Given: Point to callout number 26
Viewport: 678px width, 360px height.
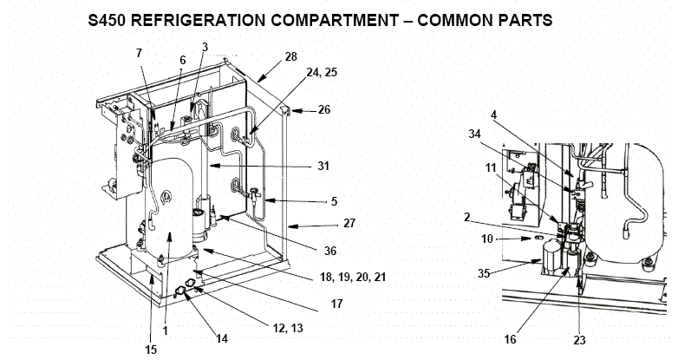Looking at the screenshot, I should (x=324, y=110).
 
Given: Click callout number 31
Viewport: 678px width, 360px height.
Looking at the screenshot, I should (x=323, y=166).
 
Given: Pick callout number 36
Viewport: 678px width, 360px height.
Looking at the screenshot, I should (x=330, y=251).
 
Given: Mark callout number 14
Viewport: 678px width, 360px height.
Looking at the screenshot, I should (x=222, y=338).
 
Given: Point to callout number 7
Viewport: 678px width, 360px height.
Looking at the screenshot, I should (x=139, y=53).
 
